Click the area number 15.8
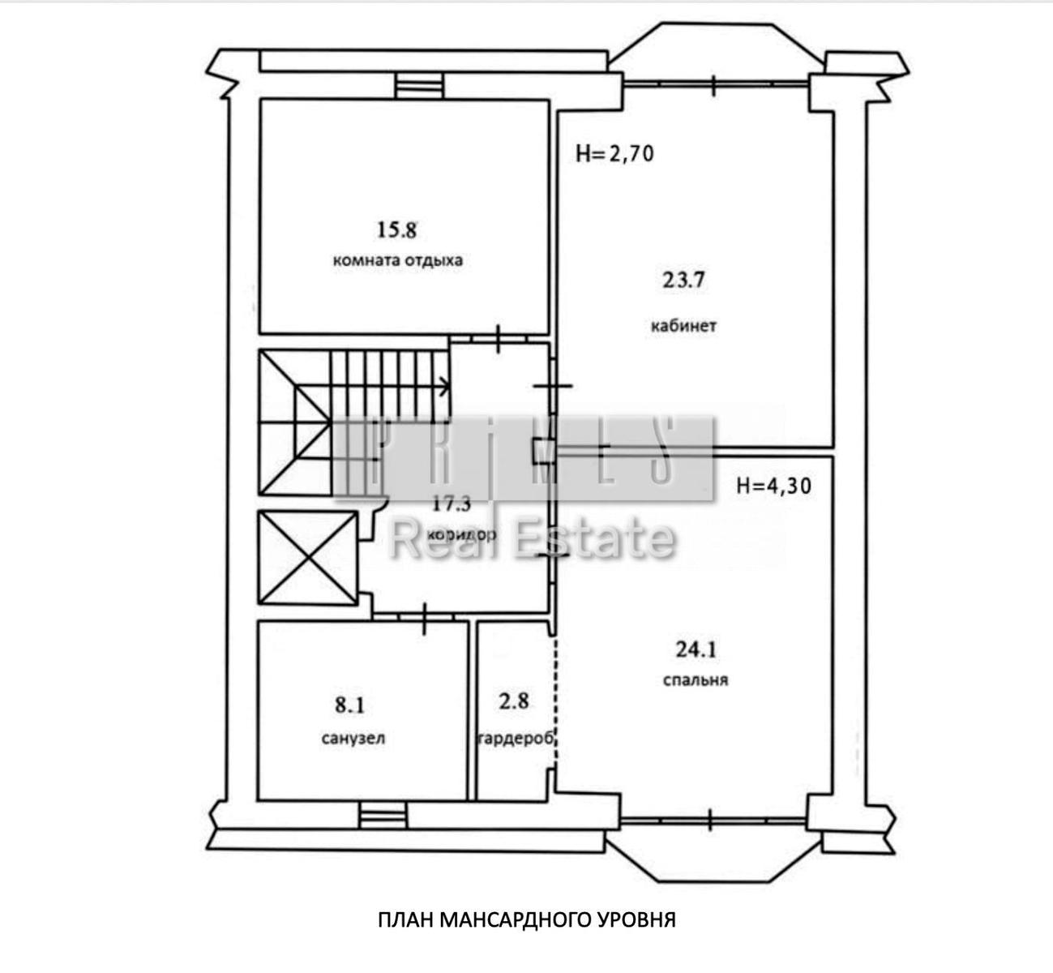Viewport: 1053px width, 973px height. pos(396,230)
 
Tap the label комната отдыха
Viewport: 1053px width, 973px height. pos(398,260)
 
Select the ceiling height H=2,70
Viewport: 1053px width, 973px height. pos(614,154)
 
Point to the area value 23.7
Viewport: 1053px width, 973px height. pos(683,280)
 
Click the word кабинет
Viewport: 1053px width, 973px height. pos(683,325)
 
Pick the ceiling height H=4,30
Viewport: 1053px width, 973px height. pos(773,486)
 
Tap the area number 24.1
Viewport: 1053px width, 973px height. pos(696,649)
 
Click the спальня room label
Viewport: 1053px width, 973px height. pos(695,680)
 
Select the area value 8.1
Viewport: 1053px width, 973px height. pos(350,705)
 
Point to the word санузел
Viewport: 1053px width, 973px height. pos(353,738)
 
